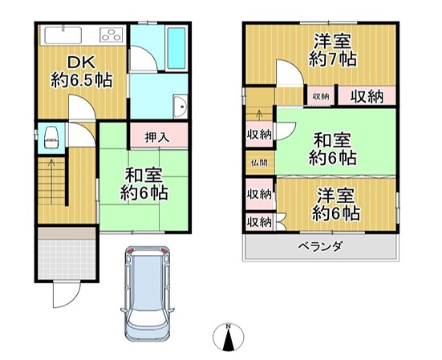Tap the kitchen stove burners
point(111,34)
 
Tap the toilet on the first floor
point(52,136)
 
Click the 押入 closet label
point(157,136)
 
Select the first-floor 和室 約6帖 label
point(144,184)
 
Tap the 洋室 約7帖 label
point(333,50)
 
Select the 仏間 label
point(258,162)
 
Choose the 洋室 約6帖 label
point(336,204)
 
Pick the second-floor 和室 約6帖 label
point(335,149)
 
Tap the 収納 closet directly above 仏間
point(258,134)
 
